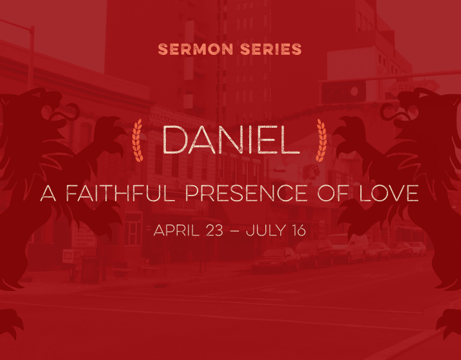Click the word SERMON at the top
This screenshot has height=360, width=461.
pyautogui.click(x=196, y=49)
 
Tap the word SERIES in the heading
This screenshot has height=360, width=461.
pyautogui.click(x=271, y=49)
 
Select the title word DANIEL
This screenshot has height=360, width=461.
pyautogui.click(x=231, y=140)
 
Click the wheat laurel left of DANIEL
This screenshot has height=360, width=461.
pyautogui.click(x=138, y=140)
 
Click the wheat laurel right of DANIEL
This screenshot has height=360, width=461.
pyautogui.click(x=322, y=140)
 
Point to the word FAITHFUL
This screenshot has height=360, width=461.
pyautogui.click(x=120, y=193)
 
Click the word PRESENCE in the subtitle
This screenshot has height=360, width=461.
pyautogui.click(x=247, y=193)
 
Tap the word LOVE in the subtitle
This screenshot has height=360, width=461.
pyautogui.click(x=389, y=193)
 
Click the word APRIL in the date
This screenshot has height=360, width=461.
pyautogui.click(x=176, y=230)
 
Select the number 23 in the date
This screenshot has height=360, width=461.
pyautogui.click(x=214, y=230)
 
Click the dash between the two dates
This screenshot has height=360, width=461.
pyautogui.click(x=234, y=231)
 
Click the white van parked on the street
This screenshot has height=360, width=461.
pyautogui.click(x=348, y=248)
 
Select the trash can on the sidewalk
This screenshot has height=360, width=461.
pyautogui.click(x=90, y=270)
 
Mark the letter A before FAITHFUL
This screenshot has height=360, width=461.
pyautogui.click(x=48, y=193)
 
